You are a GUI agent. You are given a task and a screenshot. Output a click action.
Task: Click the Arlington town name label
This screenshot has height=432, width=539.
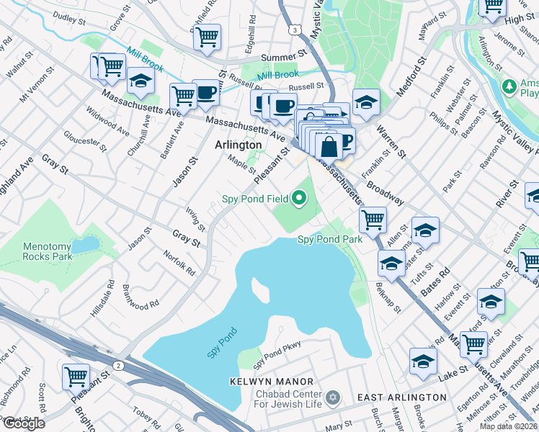[237, 145]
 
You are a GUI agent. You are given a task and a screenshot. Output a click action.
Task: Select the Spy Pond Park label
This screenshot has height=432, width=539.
[329, 239]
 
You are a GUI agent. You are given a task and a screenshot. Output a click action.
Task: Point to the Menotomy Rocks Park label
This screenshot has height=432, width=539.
[48, 251]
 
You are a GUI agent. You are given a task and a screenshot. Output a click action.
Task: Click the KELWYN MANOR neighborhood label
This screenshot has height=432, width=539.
[272, 381]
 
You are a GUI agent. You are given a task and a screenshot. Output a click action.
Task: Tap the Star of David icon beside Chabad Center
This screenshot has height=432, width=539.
[332, 397]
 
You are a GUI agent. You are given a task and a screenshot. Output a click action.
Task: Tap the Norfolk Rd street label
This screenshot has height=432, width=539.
[179, 263]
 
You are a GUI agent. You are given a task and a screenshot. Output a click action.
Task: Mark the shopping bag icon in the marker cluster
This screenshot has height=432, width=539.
[329, 146]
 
